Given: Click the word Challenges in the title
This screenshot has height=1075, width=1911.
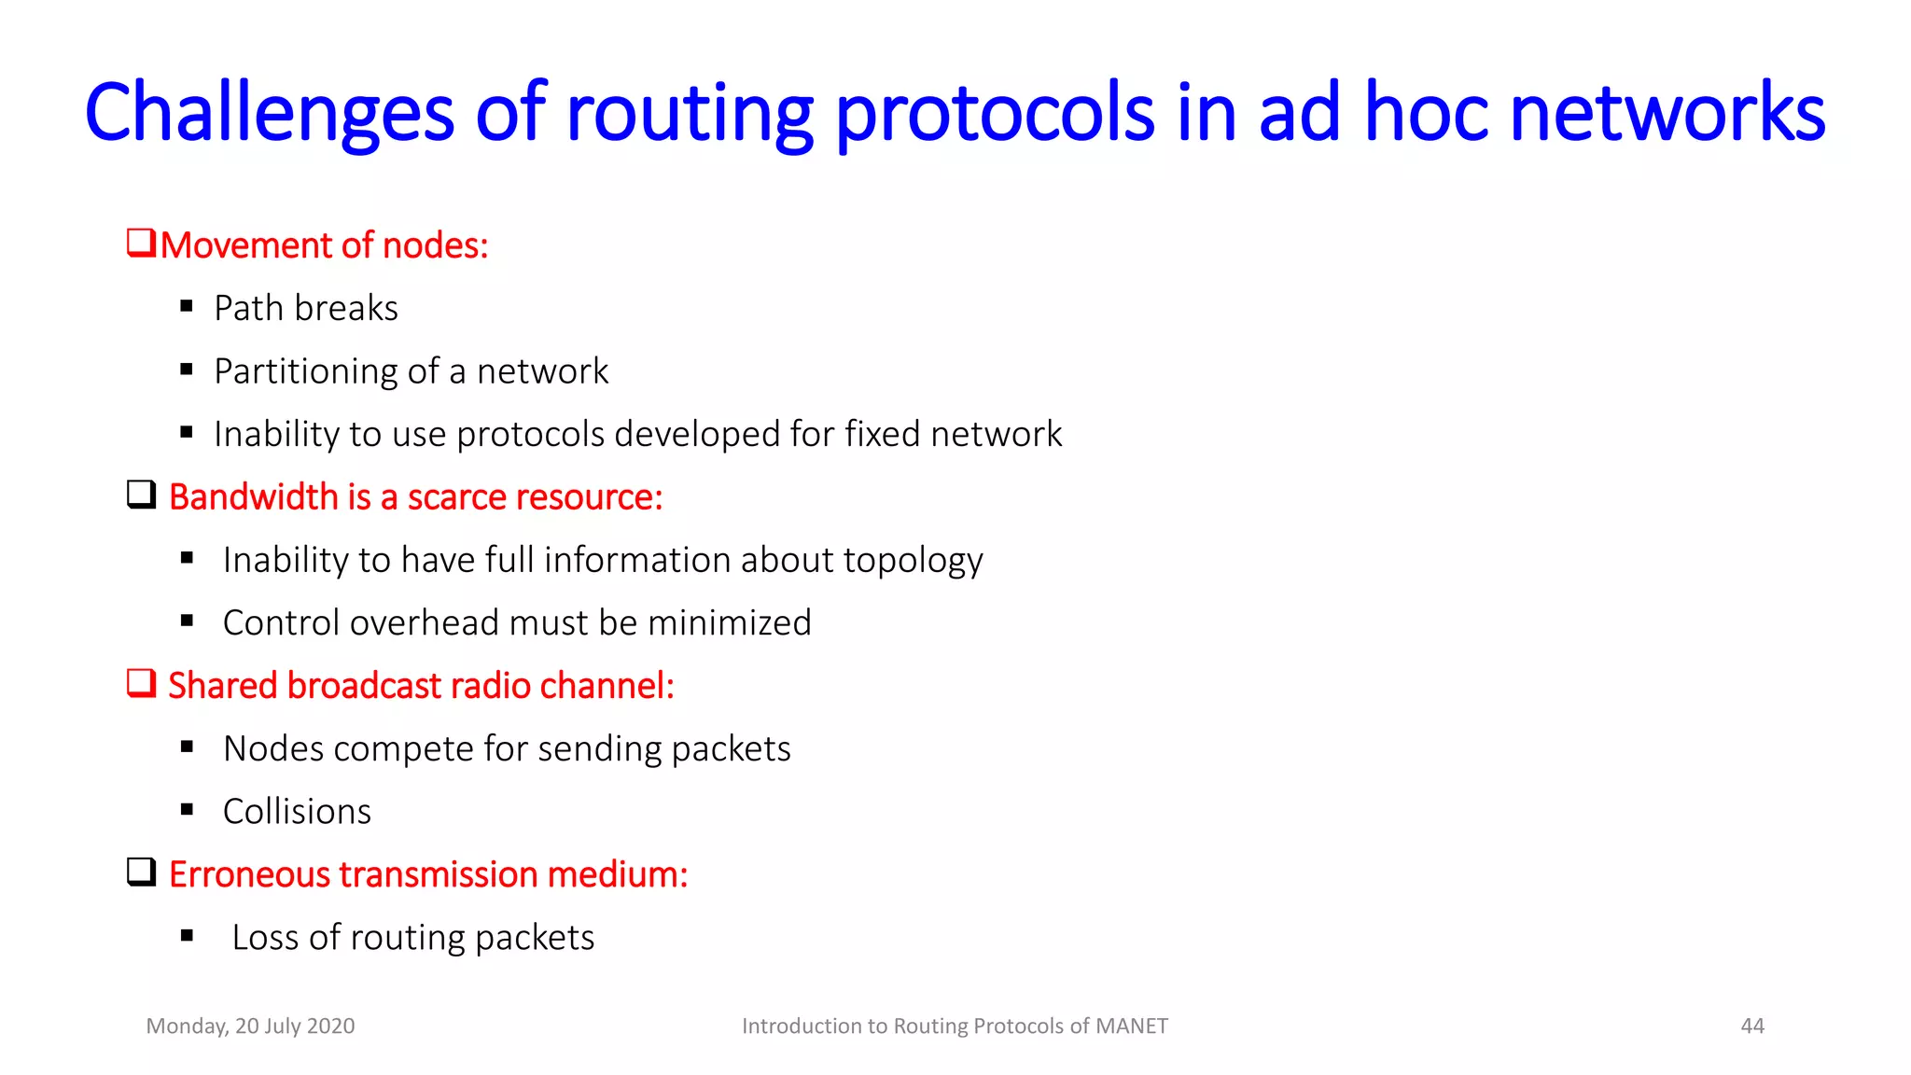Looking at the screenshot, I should click(269, 114).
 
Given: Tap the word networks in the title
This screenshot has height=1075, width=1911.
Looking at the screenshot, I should click(1667, 114).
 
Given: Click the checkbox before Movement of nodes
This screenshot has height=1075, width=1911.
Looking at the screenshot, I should click(141, 244).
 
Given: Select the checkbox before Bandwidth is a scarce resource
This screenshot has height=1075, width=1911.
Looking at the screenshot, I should click(141, 495).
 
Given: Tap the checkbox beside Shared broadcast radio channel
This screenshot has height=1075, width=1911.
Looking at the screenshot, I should click(141, 683).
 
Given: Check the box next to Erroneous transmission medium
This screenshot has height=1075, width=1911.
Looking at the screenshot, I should click(141, 872).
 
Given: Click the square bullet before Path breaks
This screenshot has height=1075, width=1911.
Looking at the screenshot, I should click(187, 306).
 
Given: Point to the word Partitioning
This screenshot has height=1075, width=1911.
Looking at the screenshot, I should click(321, 371).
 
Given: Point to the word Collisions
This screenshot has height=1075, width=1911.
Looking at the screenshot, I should click(297, 812).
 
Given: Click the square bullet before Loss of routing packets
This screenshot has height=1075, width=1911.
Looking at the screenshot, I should click(187, 936).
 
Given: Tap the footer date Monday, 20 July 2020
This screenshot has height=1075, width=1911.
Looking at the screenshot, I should click(250, 1026).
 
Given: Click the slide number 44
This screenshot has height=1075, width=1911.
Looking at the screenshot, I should click(1751, 1026).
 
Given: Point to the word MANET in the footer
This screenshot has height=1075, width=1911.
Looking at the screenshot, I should click(1131, 1026).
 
